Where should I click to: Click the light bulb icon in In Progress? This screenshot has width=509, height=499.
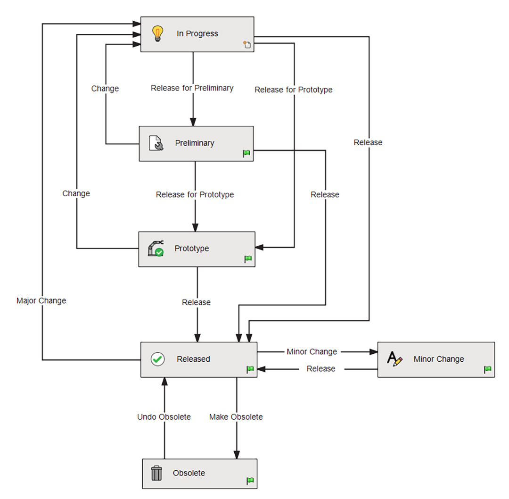pyautogui.click(x=156, y=33)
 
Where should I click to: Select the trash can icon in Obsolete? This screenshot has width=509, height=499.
pyautogui.click(x=156, y=473)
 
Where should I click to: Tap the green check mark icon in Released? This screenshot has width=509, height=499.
pyautogui.click(x=157, y=359)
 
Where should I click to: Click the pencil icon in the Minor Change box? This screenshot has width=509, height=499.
pyautogui.click(x=394, y=359)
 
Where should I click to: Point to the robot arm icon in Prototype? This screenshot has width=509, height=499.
pyautogui.click(x=156, y=249)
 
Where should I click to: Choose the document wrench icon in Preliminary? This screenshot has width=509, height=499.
pyautogui.click(x=156, y=143)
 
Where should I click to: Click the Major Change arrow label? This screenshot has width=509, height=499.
pyautogui.click(x=41, y=301)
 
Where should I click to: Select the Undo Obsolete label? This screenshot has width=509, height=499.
pyautogui.click(x=164, y=417)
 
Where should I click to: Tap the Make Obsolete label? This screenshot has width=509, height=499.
pyautogui.click(x=236, y=417)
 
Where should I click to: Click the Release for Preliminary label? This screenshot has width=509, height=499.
pyautogui.click(x=192, y=88)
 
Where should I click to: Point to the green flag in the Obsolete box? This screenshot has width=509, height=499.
pyautogui.click(x=250, y=481)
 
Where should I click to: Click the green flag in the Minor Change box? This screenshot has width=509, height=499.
pyautogui.click(x=488, y=370)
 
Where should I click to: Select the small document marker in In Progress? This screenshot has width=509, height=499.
pyautogui.click(x=247, y=45)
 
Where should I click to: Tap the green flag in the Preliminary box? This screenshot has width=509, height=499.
pyautogui.click(x=246, y=153)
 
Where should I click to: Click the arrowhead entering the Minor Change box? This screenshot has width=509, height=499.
pyautogui.click(x=373, y=352)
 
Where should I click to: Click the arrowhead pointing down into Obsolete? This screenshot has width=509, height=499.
pyautogui.click(x=236, y=454)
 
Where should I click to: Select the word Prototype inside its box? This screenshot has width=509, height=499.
pyautogui.click(x=192, y=249)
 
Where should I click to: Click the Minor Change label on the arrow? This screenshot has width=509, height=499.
pyautogui.click(x=312, y=352)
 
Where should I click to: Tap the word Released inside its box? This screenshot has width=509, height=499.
pyautogui.click(x=193, y=359)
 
